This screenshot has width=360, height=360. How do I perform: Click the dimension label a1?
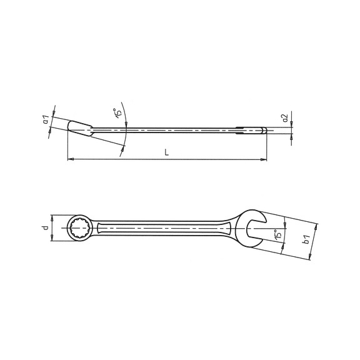[46, 119]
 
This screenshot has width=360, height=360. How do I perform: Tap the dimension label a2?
[285, 117]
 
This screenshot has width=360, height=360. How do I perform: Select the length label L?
[167, 152]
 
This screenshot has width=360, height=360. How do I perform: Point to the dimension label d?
[46, 227]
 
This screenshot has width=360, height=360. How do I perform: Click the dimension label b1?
[307, 239]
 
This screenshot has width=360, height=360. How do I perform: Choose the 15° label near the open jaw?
[277, 234]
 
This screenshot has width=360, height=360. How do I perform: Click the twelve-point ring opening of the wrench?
[81, 228]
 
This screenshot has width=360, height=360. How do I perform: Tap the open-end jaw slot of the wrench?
[254, 229]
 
